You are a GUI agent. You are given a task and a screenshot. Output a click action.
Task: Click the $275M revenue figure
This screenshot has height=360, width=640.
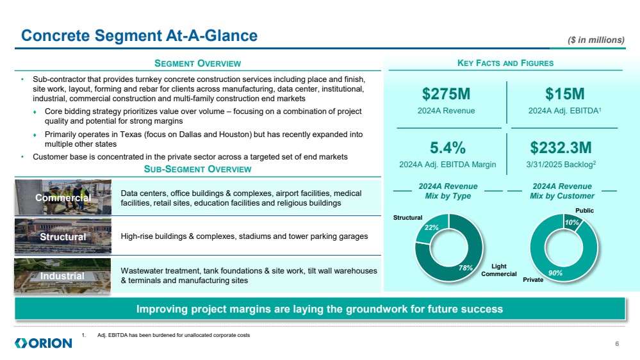tap(446, 94)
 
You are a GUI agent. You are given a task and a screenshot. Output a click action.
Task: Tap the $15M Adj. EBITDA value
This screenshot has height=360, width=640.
tap(565, 94)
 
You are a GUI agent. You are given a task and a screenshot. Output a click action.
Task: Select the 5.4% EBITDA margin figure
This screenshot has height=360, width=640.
tap(447, 148)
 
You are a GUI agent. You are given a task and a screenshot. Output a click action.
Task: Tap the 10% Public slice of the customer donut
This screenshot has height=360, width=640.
tap(572, 222)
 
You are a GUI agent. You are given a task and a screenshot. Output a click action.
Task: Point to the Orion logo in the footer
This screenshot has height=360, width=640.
tap(44, 343)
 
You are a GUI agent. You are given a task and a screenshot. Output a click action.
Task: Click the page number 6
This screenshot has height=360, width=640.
tap(616, 344)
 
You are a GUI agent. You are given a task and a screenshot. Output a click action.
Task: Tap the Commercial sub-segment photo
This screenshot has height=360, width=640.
tap(63, 197)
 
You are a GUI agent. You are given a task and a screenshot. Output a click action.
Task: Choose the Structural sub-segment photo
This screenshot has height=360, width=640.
tap(63, 236)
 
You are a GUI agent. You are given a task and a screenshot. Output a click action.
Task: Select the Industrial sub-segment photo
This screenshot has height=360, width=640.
tap(63, 275)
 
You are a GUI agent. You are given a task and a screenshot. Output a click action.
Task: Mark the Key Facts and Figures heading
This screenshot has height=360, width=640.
tap(505, 63)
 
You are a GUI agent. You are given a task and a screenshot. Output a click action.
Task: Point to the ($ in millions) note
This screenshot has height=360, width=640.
tap(596, 40)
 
